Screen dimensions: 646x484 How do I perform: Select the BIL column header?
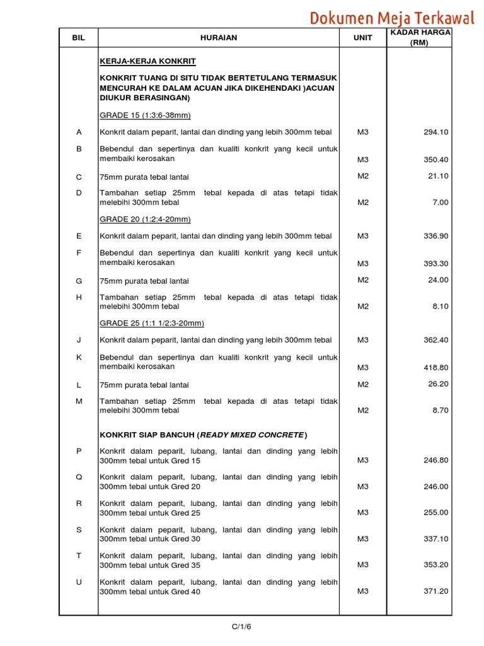78,38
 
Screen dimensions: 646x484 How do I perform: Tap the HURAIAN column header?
219,38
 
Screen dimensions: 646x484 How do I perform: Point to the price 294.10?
435,132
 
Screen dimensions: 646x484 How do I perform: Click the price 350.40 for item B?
435,160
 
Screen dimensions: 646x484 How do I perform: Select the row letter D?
79,192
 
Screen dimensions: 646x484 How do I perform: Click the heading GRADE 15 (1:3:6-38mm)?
145,115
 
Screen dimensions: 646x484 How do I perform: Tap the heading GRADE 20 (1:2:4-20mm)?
145,219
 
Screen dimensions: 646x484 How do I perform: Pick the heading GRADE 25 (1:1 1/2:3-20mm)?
152,323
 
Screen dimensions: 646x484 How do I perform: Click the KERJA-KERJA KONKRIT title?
147,61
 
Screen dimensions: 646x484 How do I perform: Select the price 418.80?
435,367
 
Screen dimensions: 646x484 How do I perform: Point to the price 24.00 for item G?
437,280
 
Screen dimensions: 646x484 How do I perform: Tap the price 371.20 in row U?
435,591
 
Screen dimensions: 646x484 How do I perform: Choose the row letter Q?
79,477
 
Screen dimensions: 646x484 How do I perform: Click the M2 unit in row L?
363,384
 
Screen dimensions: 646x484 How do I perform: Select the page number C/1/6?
241,626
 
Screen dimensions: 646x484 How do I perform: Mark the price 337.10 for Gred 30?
435,539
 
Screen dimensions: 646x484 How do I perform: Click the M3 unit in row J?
363,340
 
